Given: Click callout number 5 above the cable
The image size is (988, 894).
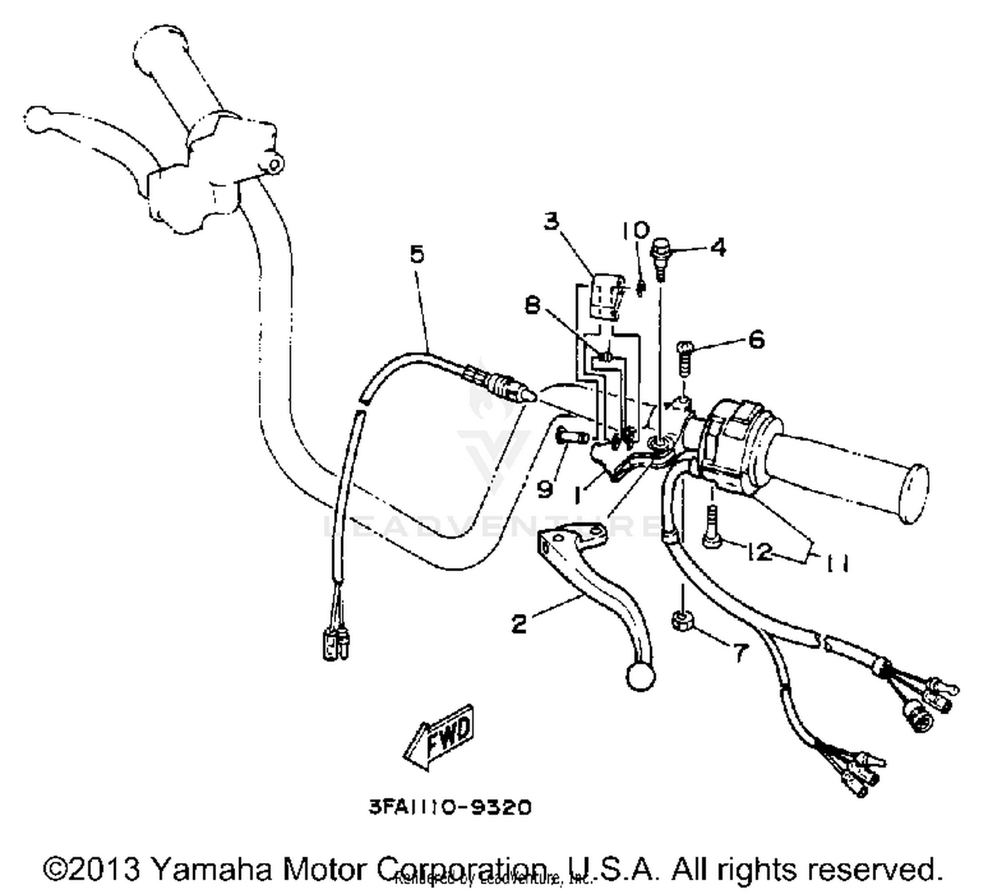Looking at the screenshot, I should point(417,254).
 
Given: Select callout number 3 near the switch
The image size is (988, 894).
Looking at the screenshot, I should point(551,221).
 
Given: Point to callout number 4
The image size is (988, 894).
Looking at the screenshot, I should point(718,248).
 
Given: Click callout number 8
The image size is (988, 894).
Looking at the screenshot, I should point(533,305).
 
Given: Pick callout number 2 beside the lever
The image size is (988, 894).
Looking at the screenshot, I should point(520,623).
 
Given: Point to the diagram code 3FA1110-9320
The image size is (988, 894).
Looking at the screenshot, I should point(449,806).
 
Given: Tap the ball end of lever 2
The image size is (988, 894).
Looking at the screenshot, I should point(640,675).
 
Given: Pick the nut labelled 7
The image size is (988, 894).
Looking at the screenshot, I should point(681,621).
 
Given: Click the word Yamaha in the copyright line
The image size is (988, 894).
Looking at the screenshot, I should point(216,870).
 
